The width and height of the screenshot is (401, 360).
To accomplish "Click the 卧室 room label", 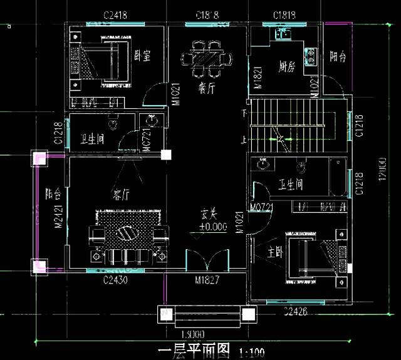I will click(142, 56).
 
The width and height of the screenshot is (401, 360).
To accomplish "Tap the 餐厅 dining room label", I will click(207, 89).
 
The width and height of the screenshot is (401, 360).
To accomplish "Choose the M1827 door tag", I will click(207, 280).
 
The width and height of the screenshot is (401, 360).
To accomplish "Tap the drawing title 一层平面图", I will click(194, 349).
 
